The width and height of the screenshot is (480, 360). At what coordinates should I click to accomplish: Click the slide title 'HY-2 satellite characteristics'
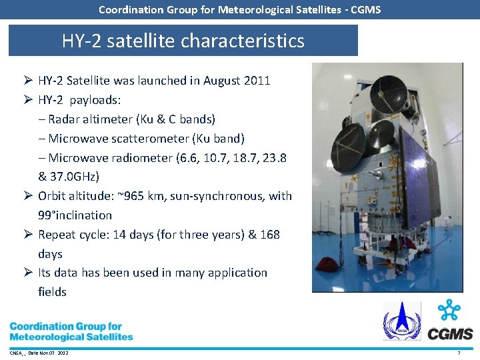183,41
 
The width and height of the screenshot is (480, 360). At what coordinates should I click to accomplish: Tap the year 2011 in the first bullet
257,81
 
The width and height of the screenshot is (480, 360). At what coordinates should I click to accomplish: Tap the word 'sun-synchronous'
218,196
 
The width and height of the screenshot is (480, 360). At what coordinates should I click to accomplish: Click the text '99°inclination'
75,215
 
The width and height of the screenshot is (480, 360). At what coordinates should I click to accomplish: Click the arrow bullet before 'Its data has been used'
26,273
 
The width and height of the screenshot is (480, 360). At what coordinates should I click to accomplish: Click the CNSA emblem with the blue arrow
402,321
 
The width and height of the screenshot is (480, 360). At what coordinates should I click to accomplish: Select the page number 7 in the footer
459,352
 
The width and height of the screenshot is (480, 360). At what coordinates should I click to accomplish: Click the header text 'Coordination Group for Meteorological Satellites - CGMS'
239,9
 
